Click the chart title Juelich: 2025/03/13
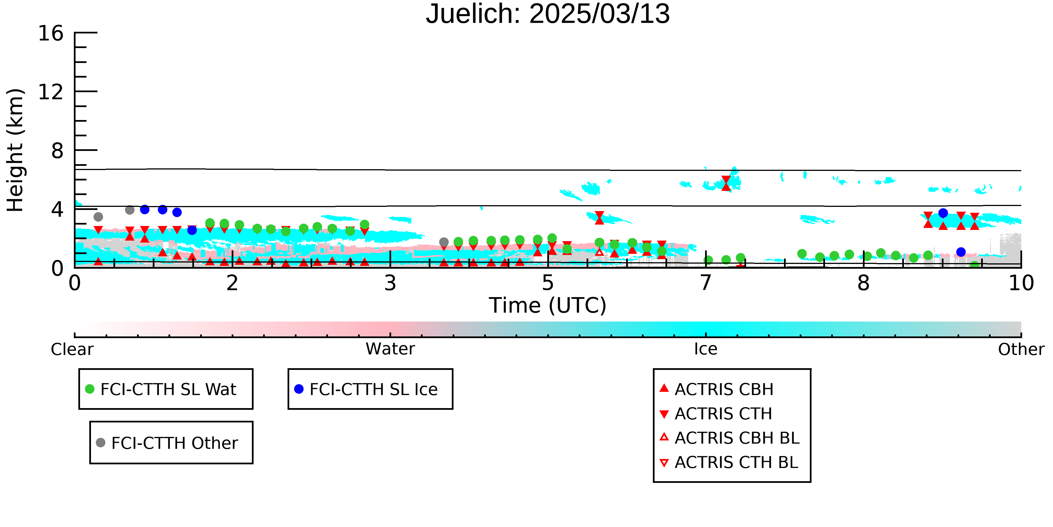coord(548,14)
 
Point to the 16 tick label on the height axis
coord(51,33)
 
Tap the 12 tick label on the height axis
coord(51,92)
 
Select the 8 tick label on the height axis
coord(57,151)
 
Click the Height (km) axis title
coord(15,150)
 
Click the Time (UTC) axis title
coord(548,305)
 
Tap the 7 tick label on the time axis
coord(706,283)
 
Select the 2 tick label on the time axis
coord(233,283)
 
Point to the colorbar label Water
coord(390,349)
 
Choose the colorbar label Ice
coord(706,349)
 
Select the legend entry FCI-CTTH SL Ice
coord(366,389)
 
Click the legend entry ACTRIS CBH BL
coord(730,438)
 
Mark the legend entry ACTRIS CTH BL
coord(729,462)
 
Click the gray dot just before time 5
coord(444,242)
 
